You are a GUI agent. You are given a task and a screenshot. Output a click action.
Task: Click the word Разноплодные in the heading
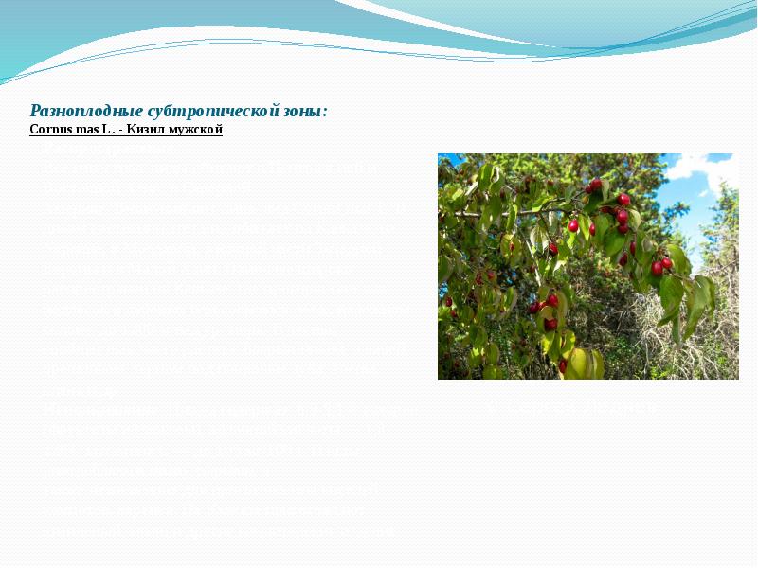[75, 111]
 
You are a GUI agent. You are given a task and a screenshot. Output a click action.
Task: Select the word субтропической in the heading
[189, 111]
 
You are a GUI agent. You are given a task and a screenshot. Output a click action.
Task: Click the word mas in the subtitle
[87, 129]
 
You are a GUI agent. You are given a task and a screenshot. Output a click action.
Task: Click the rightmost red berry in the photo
[667, 263]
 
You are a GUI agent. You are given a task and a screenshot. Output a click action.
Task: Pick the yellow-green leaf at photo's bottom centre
[578, 364]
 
